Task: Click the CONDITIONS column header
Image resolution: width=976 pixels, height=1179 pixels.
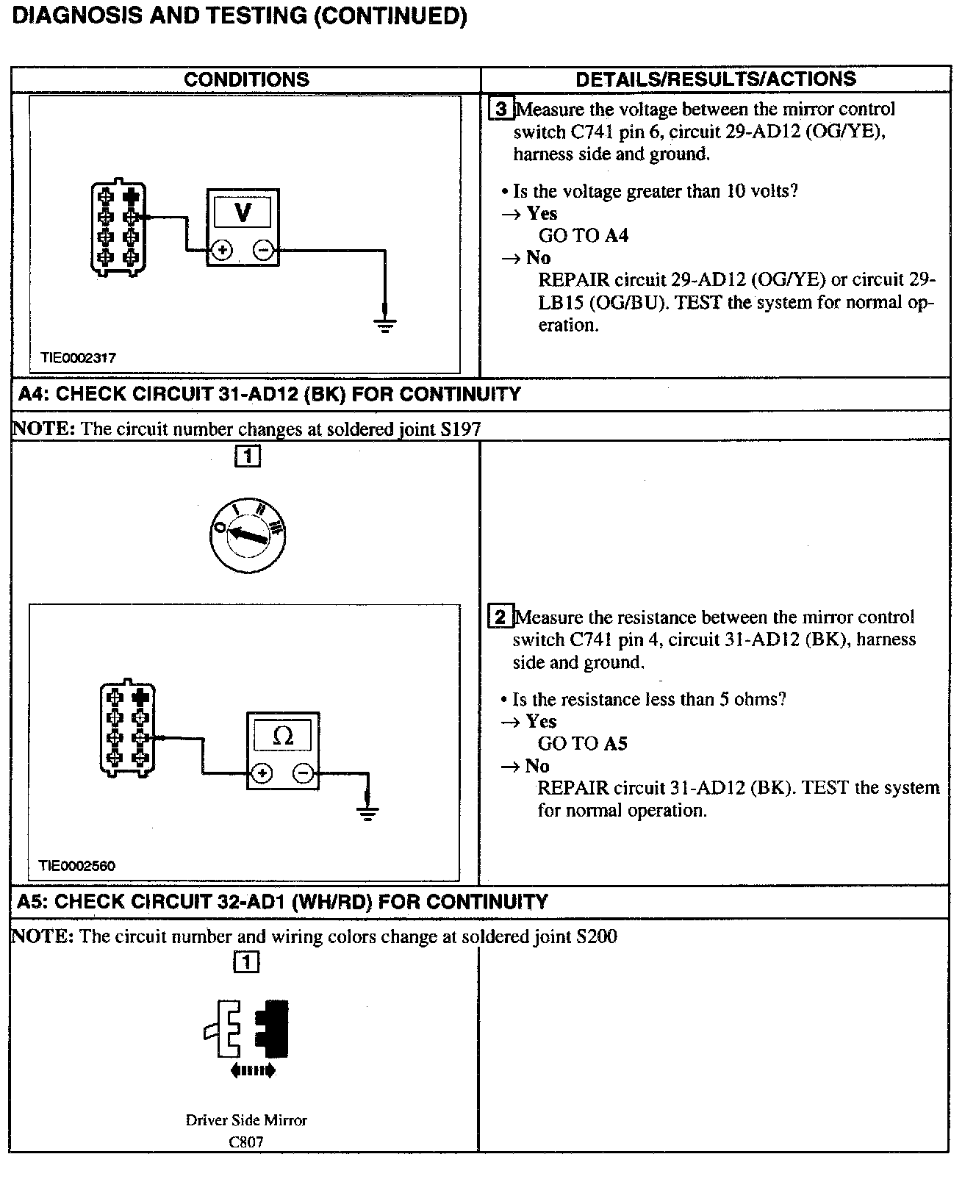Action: click(246, 79)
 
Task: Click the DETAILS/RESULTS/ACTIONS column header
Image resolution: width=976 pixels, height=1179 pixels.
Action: click(715, 79)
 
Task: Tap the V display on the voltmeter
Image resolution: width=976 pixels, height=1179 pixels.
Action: click(243, 212)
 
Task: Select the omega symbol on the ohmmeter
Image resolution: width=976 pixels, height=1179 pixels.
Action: click(282, 735)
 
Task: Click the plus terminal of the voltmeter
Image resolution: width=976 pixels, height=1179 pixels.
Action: click(222, 251)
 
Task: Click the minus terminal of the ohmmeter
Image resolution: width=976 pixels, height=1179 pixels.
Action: click(303, 773)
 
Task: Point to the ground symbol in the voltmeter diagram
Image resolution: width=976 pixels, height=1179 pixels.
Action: click(384, 323)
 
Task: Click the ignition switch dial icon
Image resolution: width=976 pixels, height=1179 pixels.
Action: click(247, 535)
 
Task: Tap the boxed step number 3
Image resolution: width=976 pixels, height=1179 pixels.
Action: click(501, 110)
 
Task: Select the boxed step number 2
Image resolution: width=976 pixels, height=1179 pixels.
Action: click(500, 617)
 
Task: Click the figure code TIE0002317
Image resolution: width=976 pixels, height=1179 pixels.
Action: click(78, 358)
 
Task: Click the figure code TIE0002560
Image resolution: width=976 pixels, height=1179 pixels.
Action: click(77, 866)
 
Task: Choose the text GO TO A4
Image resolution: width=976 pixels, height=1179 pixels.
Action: click(584, 236)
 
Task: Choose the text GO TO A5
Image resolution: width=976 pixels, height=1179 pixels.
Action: click(583, 744)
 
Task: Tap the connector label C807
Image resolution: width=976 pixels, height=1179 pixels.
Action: click(246, 1142)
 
